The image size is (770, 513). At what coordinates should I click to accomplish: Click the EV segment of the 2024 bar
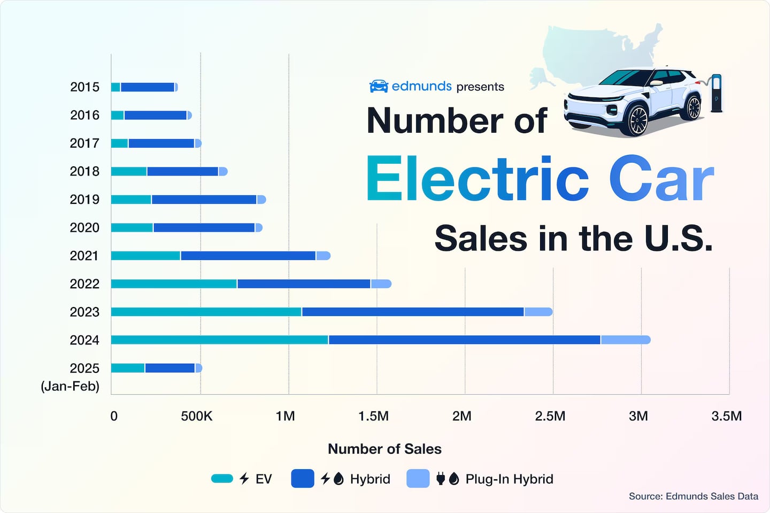(x=219, y=340)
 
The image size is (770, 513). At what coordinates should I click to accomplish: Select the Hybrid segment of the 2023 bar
(x=412, y=312)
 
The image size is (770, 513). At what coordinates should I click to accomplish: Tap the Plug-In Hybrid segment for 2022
(x=381, y=284)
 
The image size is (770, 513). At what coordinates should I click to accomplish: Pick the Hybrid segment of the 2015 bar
(x=147, y=87)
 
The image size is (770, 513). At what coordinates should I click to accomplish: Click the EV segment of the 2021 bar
(x=145, y=256)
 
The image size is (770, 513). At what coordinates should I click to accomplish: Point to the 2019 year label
(x=84, y=200)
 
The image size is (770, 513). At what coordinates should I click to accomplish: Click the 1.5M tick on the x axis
(x=373, y=416)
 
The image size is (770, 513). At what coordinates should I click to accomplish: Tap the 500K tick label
(x=196, y=416)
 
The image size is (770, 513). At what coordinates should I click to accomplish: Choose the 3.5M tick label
(x=726, y=416)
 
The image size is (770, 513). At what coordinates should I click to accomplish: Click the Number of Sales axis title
(x=384, y=449)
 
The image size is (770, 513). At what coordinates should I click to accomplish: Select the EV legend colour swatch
(x=222, y=479)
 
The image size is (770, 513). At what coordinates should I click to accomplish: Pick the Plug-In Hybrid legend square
(x=418, y=479)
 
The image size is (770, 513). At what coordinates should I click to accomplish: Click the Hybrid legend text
(x=370, y=479)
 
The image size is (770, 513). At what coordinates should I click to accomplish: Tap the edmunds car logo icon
(x=379, y=86)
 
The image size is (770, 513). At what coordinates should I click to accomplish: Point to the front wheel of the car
(x=637, y=119)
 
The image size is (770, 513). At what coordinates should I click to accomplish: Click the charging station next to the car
(x=716, y=94)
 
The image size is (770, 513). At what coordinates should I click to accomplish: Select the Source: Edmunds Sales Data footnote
(x=693, y=496)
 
